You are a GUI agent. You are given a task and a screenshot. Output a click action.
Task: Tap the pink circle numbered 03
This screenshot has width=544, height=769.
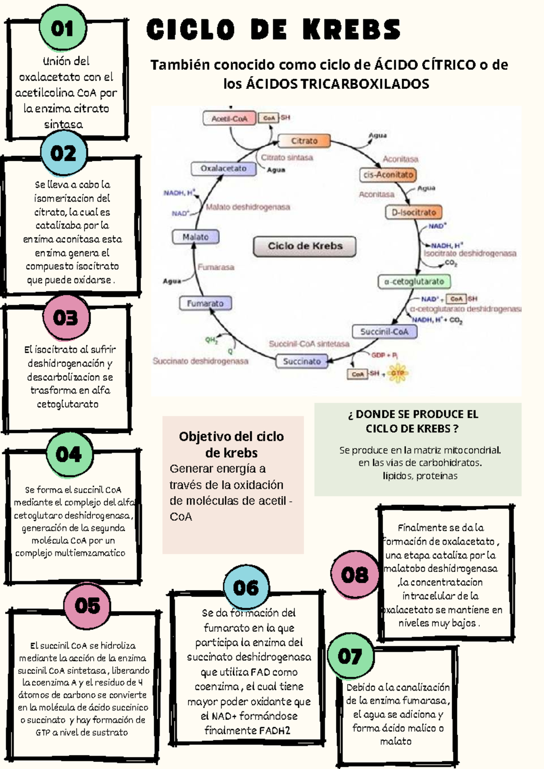[x=66, y=317]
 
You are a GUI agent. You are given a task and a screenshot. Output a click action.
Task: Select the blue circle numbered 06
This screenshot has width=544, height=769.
[x=246, y=588]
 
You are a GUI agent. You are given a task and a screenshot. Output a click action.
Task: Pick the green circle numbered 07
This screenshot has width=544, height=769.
[x=350, y=656]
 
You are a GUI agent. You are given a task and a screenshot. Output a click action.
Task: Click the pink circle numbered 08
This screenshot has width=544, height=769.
[x=355, y=575]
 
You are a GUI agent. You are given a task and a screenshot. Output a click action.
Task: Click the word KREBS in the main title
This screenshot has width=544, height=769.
[x=351, y=30]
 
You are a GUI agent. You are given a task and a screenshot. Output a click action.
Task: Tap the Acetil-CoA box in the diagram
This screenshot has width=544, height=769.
[x=229, y=119]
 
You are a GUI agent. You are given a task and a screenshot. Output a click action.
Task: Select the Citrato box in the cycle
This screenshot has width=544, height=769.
[x=304, y=141]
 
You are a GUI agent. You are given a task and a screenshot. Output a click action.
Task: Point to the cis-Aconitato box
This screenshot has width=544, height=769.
[x=388, y=174]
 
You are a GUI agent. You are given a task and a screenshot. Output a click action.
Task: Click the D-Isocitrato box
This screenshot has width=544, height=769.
[x=413, y=212]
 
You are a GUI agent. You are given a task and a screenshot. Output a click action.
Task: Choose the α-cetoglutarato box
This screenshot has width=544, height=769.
[x=414, y=281]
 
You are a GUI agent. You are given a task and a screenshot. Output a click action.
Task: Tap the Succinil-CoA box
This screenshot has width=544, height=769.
[x=384, y=332]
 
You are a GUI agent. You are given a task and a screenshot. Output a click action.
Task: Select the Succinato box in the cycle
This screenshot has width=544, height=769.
[x=302, y=361]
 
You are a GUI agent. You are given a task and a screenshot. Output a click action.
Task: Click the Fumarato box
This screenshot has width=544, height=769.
[x=205, y=303]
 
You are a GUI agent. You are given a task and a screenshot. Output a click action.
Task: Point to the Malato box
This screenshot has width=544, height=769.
[x=195, y=236]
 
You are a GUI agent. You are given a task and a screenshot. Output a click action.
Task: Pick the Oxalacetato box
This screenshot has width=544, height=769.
[x=223, y=168]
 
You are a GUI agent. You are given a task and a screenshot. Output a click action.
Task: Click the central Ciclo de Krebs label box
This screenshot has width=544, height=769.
[x=305, y=246]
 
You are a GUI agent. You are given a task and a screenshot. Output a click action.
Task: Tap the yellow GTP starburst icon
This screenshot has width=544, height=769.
[x=398, y=373]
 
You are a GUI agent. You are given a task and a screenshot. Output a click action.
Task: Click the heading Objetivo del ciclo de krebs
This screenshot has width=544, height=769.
[x=231, y=444]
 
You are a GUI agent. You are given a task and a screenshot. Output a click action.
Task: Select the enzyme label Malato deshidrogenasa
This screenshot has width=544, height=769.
[x=248, y=207]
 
